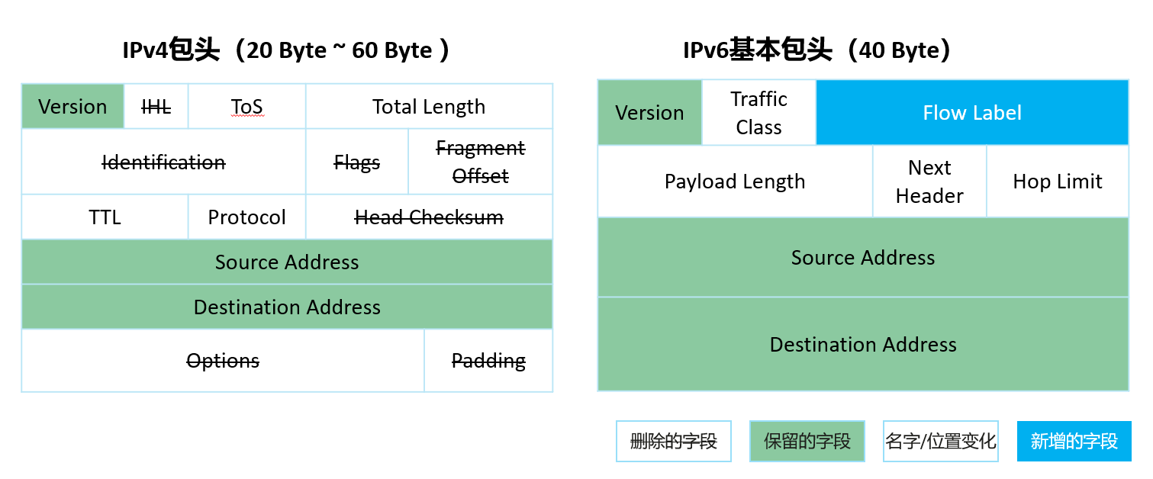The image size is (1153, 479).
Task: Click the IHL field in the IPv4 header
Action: point(156,106)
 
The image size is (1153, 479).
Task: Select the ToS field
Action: point(247,106)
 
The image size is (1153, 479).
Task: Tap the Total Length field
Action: point(430,106)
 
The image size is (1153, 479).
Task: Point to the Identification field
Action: point(164,162)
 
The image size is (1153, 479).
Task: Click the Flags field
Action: point(356,162)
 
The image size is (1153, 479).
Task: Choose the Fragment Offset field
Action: point(480,162)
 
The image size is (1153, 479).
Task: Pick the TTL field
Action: point(105,217)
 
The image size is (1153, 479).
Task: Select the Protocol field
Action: point(247,217)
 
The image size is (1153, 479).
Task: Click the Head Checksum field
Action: point(430,217)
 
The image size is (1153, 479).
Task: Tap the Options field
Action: point(223,360)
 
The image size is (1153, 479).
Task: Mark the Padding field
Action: point(488,360)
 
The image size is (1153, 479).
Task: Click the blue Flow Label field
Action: point(972,112)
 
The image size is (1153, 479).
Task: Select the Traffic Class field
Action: point(759,112)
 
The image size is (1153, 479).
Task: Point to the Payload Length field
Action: point(735,181)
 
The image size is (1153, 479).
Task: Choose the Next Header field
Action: point(929,181)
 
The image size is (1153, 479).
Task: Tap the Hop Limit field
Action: point(1058,181)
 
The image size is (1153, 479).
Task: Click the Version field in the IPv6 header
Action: point(649,112)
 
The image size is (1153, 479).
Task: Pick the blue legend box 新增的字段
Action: point(1074,441)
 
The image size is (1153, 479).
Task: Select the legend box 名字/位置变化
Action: point(941,441)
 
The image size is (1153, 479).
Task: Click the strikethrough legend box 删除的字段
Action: point(674,441)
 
